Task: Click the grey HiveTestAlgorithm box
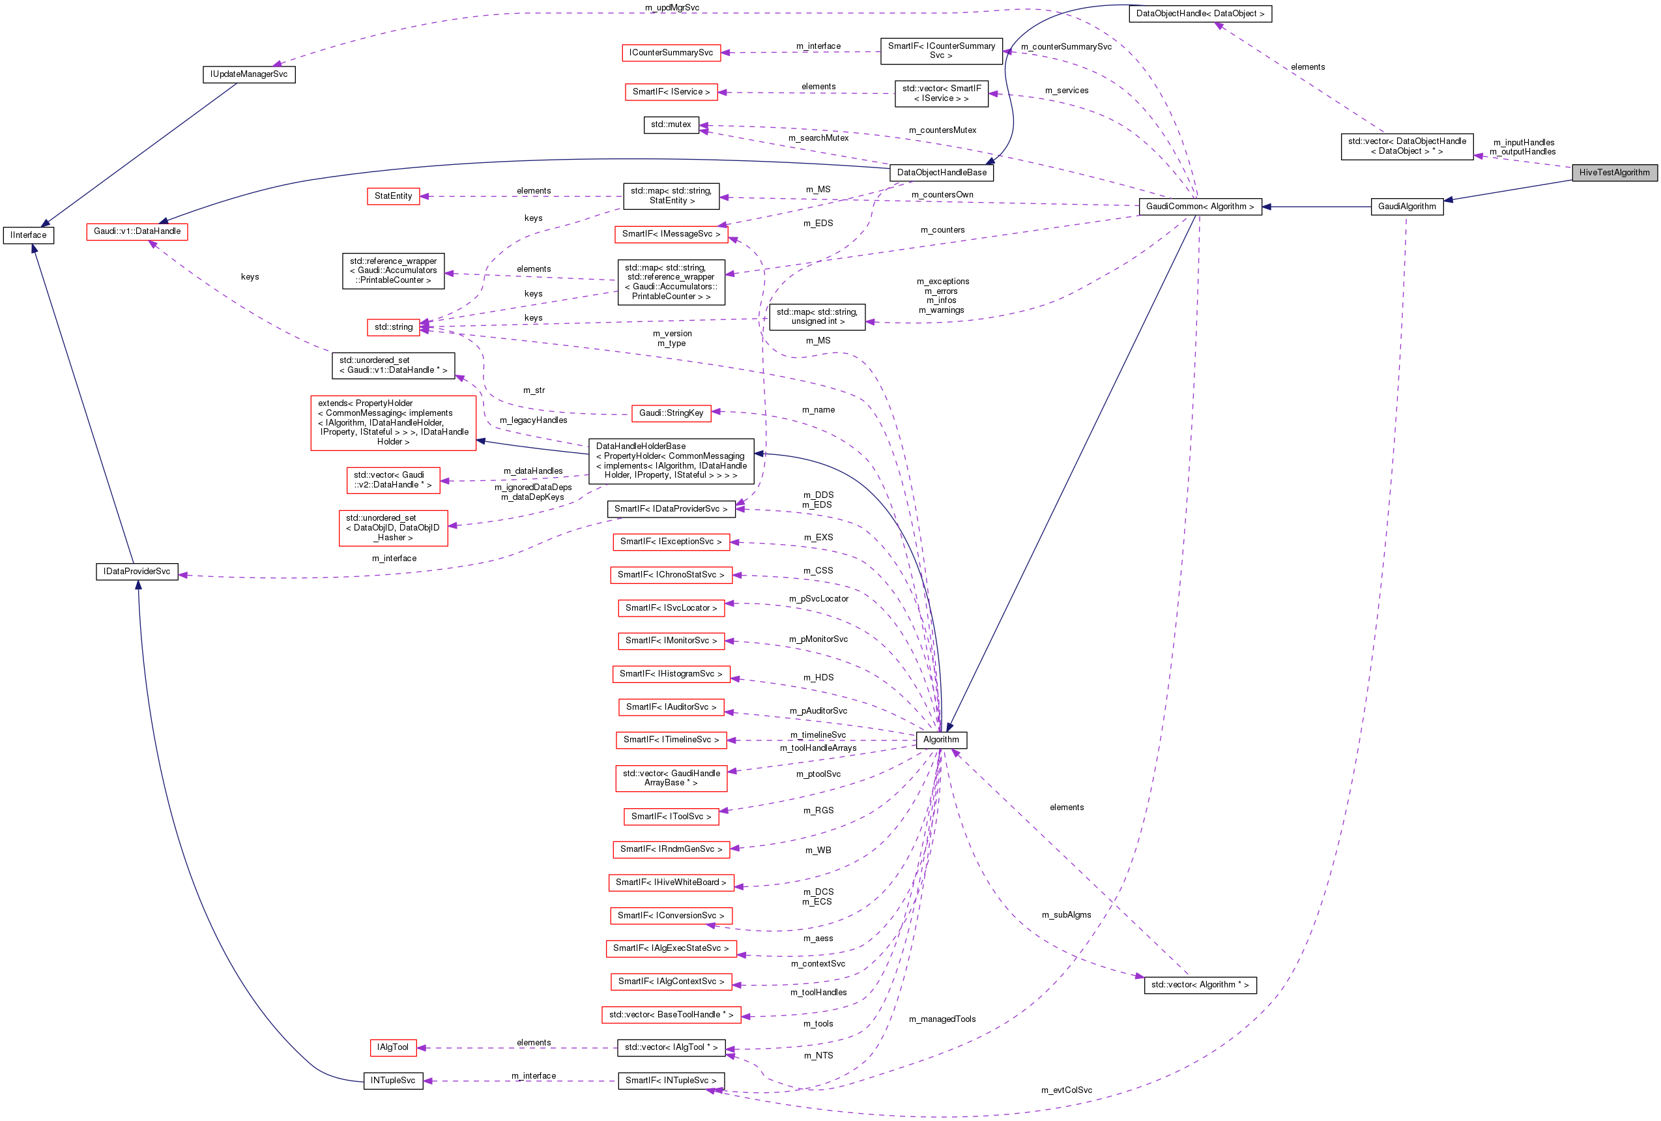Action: coord(1614,172)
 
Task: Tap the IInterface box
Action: coord(29,235)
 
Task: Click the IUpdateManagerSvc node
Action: coord(249,74)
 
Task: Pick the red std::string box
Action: coord(393,327)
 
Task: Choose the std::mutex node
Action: coord(671,124)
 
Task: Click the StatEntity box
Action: coord(393,196)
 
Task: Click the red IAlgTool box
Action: coord(392,1047)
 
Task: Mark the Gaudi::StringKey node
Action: coord(671,413)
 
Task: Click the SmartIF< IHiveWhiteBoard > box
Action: coord(671,883)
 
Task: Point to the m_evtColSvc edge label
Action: coord(1065,1090)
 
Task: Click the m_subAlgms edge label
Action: coord(1065,915)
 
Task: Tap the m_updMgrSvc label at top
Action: coord(672,8)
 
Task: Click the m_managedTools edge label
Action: coord(942,1019)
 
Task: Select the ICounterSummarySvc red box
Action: coord(671,53)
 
